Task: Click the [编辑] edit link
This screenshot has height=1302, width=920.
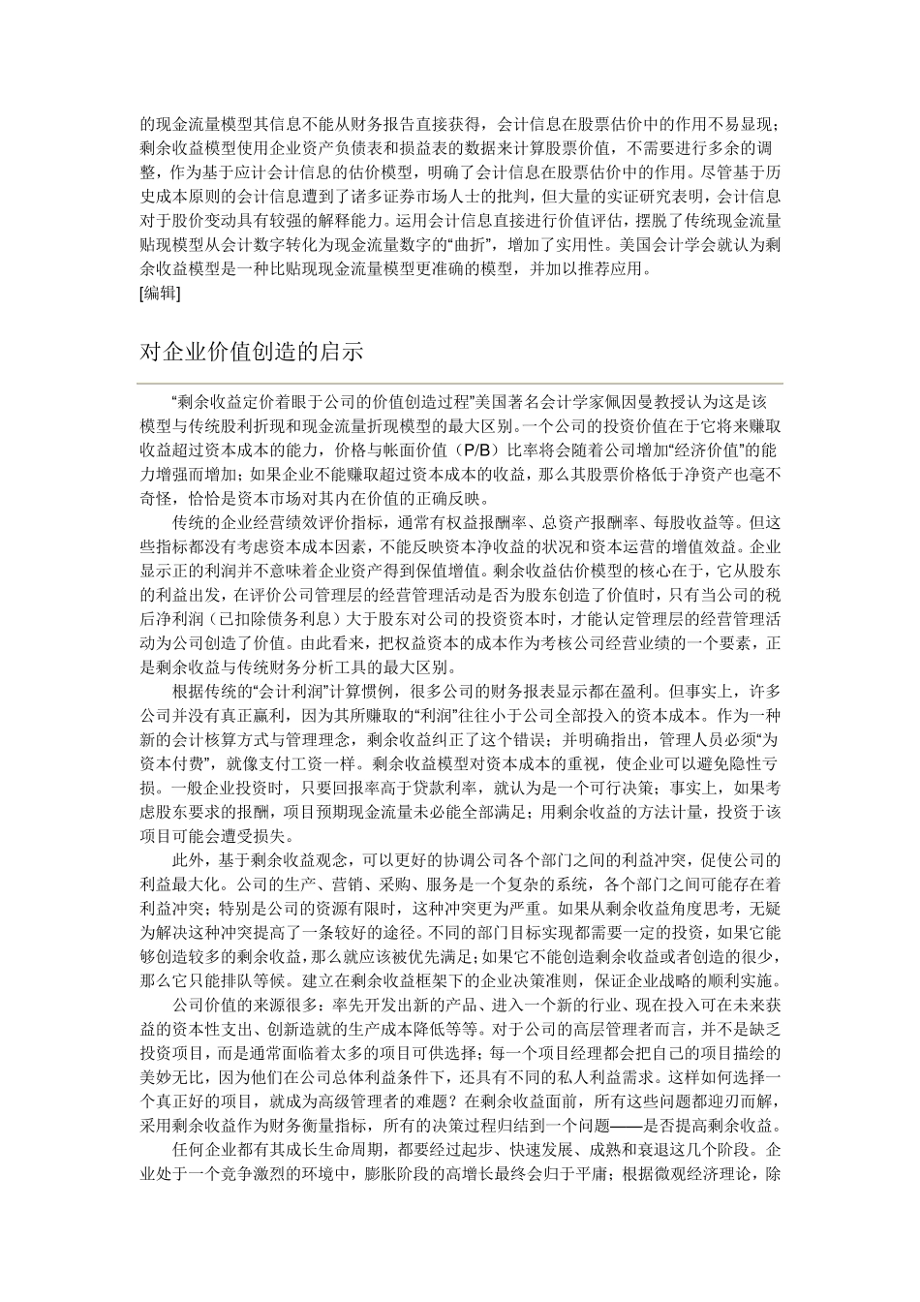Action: (x=160, y=294)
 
